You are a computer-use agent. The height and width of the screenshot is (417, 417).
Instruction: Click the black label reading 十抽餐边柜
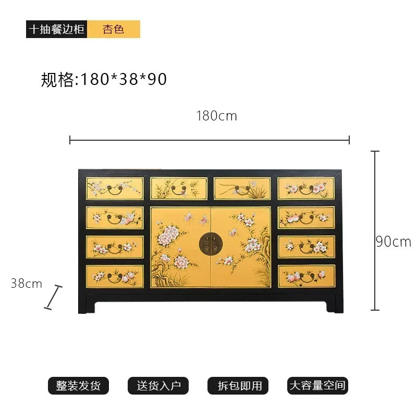(x=56, y=29)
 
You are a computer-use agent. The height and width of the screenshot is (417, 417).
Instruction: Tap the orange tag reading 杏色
(x=114, y=29)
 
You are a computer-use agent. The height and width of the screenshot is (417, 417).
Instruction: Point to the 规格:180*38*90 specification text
(x=104, y=79)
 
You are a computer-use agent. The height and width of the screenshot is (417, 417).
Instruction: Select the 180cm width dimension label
(x=216, y=116)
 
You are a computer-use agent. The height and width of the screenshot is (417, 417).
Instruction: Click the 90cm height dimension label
(x=394, y=242)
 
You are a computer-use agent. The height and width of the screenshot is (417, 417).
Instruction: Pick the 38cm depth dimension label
(x=27, y=283)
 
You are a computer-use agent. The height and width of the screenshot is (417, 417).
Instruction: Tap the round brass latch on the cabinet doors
(x=211, y=243)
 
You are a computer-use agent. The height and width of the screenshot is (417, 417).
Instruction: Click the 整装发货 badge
(x=78, y=385)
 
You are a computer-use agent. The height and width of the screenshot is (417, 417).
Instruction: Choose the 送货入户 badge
(x=158, y=385)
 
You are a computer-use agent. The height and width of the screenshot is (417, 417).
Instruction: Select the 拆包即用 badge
(x=238, y=385)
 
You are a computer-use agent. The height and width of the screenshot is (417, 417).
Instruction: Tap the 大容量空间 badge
(x=317, y=385)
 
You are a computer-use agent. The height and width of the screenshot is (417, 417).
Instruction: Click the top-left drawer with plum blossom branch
(x=115, y=189)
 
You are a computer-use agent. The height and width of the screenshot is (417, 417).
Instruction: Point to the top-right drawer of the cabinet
(x=306, y=188)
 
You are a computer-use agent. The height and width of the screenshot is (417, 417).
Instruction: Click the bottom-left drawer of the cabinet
(x=115, y=276)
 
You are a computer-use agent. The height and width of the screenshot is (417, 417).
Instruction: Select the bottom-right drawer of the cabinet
(x=306, y=276)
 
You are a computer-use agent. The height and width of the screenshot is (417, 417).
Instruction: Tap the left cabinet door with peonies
(x=180, y=247)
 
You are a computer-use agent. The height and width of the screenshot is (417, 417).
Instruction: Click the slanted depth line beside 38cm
(x=53, y=297)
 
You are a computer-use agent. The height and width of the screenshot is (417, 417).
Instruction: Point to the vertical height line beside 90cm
(x=375, y=230)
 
